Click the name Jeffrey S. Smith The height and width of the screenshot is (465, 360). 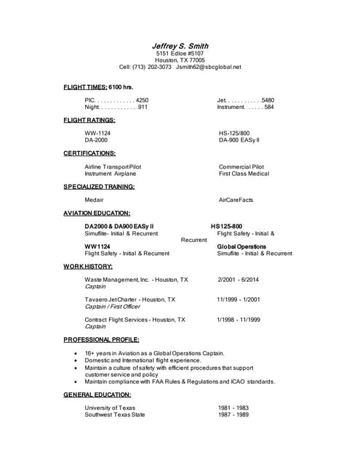coord(179,46)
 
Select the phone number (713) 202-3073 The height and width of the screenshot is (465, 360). coord(152,67)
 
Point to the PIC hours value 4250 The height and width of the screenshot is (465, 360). coord(142,100)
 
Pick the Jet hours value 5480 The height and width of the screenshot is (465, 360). coord(267,100)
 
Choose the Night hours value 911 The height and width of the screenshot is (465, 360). coord(143,107)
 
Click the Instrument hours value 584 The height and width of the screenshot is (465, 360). coord(268,107)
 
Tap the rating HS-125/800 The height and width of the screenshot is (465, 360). coord(234,133)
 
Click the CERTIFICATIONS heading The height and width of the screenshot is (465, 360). coord(89,153)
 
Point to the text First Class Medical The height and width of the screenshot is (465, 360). coord(244,174)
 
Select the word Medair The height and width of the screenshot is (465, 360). coord(95,199)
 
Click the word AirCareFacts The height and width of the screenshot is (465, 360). coord(236,199)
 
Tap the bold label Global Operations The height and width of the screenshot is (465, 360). coord(241,246)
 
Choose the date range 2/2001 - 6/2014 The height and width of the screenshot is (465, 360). coord(238,279)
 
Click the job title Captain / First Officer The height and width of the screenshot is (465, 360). coord(113,306)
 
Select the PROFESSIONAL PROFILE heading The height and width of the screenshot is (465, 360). coord(101,339)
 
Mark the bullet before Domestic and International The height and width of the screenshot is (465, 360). coord(76,360)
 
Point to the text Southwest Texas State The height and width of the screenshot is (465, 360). coord(115,415)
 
